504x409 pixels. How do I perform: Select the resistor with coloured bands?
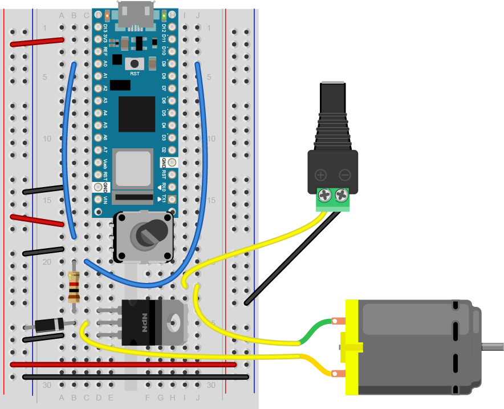[x=74, y=286]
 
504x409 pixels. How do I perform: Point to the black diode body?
[x=45, y=326]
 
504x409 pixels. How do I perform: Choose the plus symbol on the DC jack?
[x=321, y=175]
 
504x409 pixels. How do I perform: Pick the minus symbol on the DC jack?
[x=345, y=175]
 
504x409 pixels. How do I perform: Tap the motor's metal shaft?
[x=493, y=346]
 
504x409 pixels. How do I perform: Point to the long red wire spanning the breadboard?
[x=124, y=364]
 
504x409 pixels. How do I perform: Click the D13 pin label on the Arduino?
[x=105, y=27]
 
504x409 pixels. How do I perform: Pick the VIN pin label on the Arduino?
[x=105, y=200]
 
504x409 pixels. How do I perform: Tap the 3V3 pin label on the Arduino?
[x=105, y=39]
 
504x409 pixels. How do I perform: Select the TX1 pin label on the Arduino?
[x=164, y=200]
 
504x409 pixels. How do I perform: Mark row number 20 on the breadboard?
[x=47, y=262]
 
